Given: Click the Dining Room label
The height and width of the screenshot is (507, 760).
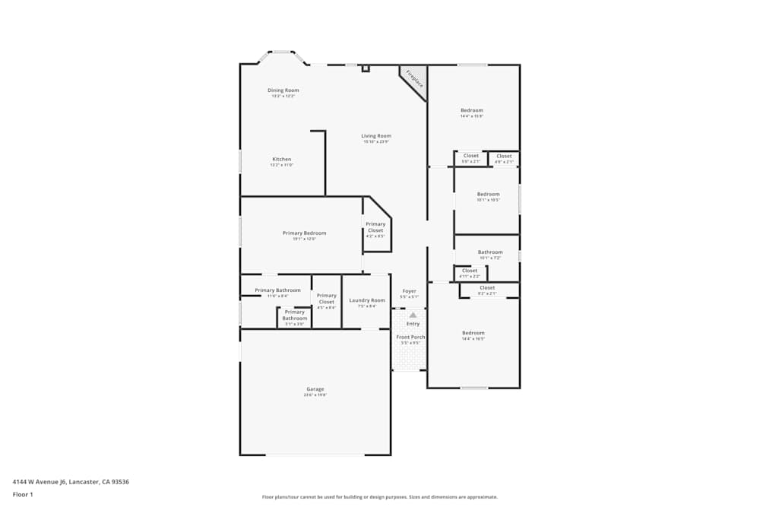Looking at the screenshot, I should (283, 90).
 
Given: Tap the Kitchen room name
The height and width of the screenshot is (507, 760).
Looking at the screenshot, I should (281, 160).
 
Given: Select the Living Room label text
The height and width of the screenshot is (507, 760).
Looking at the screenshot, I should (375, 136).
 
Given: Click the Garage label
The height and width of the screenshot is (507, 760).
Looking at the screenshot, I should (315, 389).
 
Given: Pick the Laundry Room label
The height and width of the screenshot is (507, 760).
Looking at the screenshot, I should (367, 300).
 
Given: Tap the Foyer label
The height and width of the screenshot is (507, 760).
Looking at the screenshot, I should (409, 291).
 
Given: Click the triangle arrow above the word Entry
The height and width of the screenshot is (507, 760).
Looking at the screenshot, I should (413, 315).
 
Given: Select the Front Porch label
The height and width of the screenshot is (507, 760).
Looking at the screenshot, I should (410, 337).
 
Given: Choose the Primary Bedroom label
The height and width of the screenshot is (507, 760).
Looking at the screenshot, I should (304, 233).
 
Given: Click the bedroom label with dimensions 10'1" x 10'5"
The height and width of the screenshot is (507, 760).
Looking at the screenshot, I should (488, 195).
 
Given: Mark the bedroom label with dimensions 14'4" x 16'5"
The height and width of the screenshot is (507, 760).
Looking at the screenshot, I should (473, 333).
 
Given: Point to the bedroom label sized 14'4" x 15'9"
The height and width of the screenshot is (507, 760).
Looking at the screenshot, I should (471, 111).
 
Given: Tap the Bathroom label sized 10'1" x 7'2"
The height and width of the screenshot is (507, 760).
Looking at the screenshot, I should (490, 252).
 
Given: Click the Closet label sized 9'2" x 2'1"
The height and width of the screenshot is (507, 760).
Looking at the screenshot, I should (487, 288).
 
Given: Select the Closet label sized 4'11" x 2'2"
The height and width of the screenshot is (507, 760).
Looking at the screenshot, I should (470, 271).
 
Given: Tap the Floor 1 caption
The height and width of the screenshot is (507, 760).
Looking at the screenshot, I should (23, 494).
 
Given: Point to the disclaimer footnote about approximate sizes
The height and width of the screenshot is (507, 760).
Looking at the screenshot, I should (380, 497).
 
